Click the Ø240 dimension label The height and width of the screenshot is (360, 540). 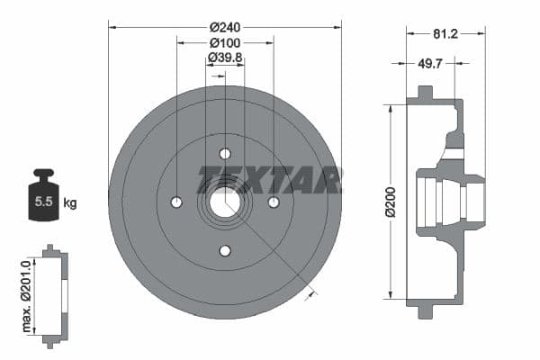click(x=224, y=26)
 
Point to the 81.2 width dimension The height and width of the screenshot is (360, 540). click(x=445, y=34)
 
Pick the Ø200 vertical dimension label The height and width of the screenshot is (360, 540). click(x=391, y=202)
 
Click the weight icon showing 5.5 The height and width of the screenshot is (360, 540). click(x=43, y=195)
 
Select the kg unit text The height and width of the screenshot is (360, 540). click(x=70, y=202)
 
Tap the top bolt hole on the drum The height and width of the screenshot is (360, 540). click(x=225, y=153)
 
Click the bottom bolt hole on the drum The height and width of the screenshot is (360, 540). click(x=225, y=250)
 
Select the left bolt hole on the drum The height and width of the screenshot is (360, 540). click(x=176, y=202)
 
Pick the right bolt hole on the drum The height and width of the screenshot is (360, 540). click(x=274, y=202)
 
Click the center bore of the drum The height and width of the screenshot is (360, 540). click(x=225, y=202)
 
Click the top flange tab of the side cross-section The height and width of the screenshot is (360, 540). click(x=423, y=94)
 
